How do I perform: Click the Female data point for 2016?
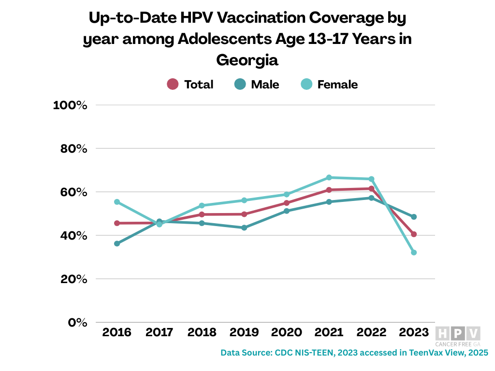[x=117, y=201]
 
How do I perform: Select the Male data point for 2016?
[x=117, y=243]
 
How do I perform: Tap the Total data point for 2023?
[x=414, y=234]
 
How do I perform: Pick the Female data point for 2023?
[x=414, y=253]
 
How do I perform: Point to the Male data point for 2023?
[x=414, y=217]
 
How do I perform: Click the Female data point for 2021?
[x=329, y=177]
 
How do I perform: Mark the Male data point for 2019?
[x=244, y=228]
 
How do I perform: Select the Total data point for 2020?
[x=287, y=203]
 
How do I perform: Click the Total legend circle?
[x=173, y=84]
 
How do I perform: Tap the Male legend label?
[x=265, y=85]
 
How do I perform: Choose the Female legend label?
[x=337, y=85]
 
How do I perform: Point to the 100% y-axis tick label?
[x=70, y=105]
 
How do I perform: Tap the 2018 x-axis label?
[x=202, y=332]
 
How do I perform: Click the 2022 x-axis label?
[x=371, y=332]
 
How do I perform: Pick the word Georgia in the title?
[x=247, y=60]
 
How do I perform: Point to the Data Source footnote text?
[x=354, y=353]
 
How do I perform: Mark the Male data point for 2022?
[x=371, y=198]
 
